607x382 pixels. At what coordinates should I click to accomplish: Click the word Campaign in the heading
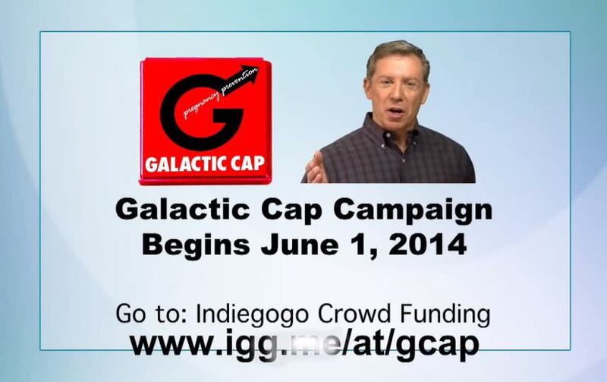pos(413,211)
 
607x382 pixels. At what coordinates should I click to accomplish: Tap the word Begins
pos(196,245)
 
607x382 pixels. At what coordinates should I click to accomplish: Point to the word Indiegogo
pos(253,314)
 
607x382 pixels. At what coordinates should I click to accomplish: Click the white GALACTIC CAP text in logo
pos(205,163)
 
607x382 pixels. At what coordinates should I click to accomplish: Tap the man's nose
pos(396,96)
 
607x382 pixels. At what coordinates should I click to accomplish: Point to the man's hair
pos(397,55)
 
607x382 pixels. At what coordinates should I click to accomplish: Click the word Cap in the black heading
pos(291,211)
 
